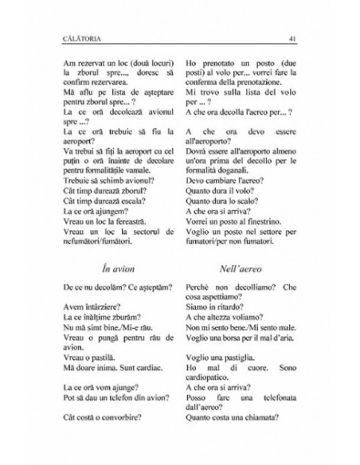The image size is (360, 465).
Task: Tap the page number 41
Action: tap(293, 37)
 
